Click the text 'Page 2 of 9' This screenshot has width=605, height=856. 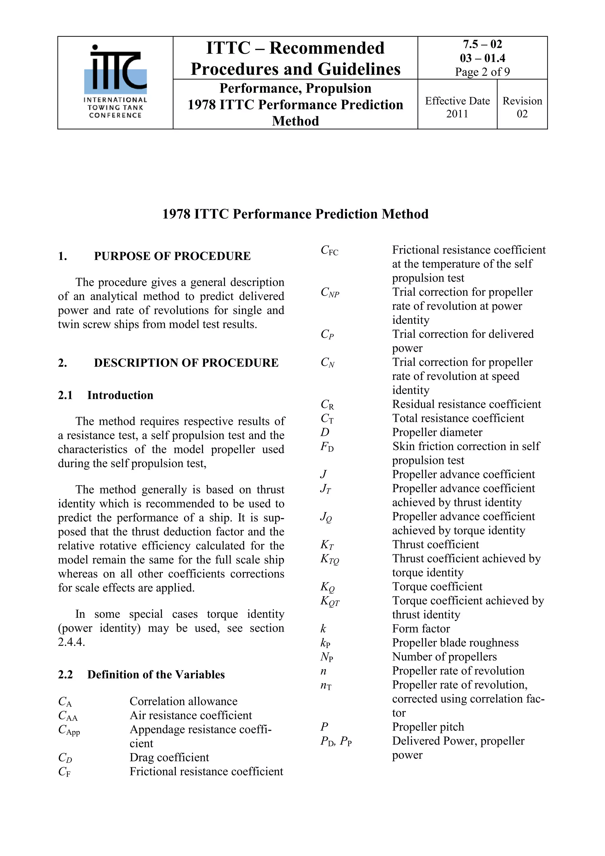482,72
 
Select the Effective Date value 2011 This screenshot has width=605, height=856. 457,114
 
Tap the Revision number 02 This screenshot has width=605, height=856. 522,114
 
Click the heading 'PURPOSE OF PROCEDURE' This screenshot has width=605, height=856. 172,256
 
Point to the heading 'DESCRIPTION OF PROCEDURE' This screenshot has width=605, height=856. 186,363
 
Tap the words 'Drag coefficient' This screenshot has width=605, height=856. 169,758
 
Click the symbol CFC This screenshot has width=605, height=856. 329,251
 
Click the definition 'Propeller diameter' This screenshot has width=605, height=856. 437,433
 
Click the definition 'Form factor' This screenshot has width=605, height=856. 421,629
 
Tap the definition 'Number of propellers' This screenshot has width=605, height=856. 444,657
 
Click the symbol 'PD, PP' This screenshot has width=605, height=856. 336,742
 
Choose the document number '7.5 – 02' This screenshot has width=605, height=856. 482,44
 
